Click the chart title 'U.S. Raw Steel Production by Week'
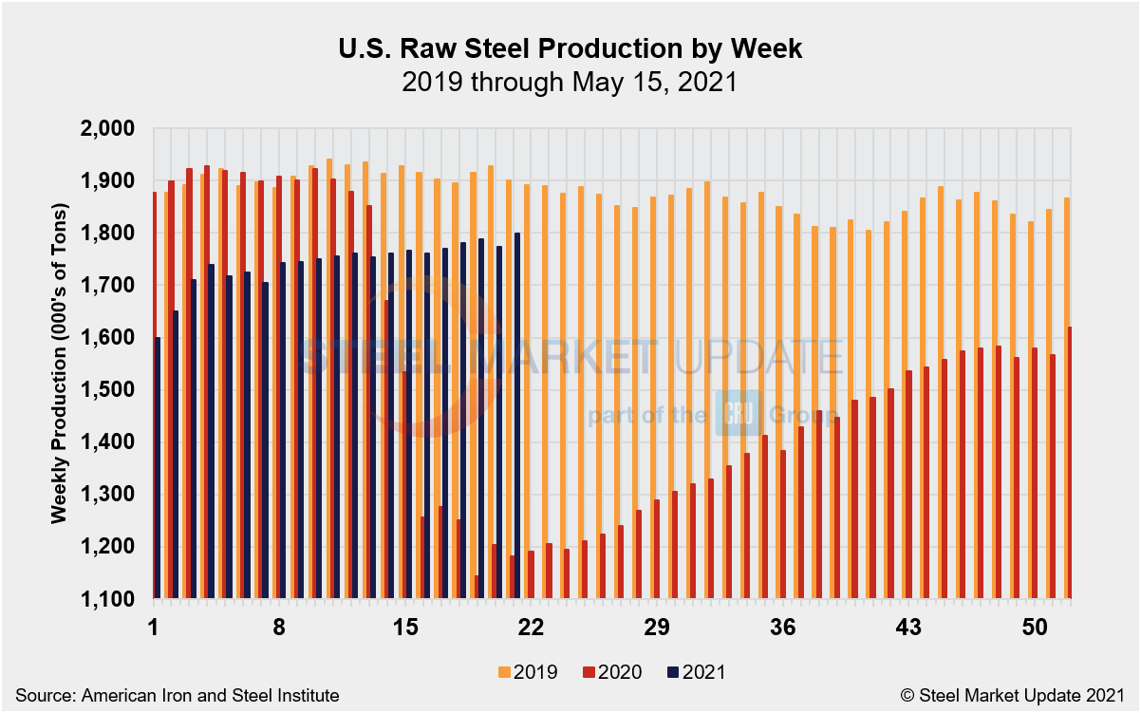(570, 49)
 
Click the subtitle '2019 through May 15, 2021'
(570, 83)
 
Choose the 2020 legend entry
(614, 672)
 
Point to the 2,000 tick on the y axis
(111, 128)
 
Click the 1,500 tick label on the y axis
(111, 390)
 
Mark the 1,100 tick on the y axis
(111, 599)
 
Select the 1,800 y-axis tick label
(111, 234)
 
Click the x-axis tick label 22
(532, 628)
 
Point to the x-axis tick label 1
(153, 628)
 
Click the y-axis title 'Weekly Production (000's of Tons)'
(59, 363)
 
